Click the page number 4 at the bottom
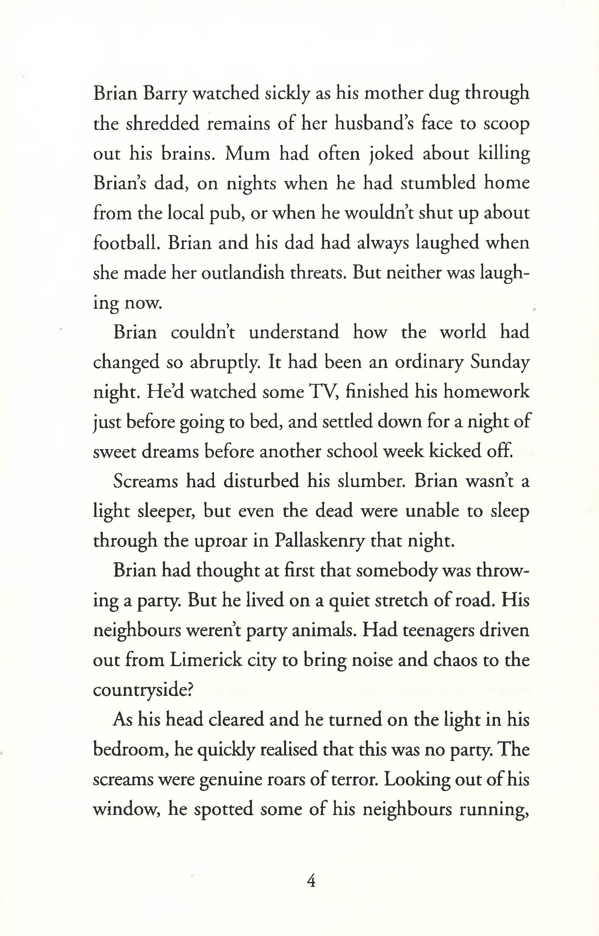tap(311, 881)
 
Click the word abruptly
tap(226, 362)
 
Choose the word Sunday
tap(500, 362)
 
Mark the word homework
tap(486, 391)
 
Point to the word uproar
tap(221, 541)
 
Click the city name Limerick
tap(206, 660)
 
